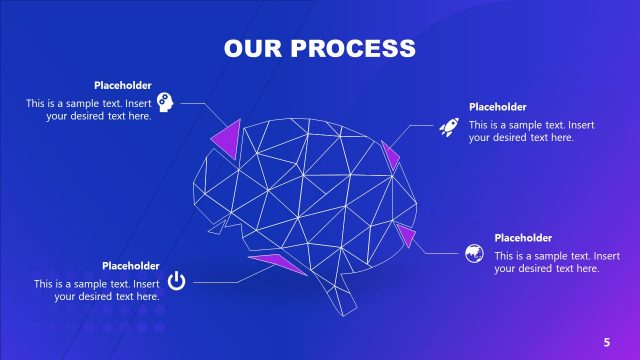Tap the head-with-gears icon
(x=166, y=102)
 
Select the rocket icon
(x=448, y=126)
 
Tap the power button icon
(x=176, y=281)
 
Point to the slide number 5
(x=606, y=342)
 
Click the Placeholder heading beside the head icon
(x=123, y=85)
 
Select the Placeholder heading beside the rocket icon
(x=497, y=107)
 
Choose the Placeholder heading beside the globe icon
(x=523, y=238)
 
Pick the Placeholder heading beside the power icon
(x=130, y=266)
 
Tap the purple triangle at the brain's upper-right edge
(x=390, y=154)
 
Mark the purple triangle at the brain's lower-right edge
(x=406, y=235)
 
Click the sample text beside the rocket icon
(x=531, y=131)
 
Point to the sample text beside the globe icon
(x=547, y=262)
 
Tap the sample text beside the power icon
(x=97, y=290)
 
